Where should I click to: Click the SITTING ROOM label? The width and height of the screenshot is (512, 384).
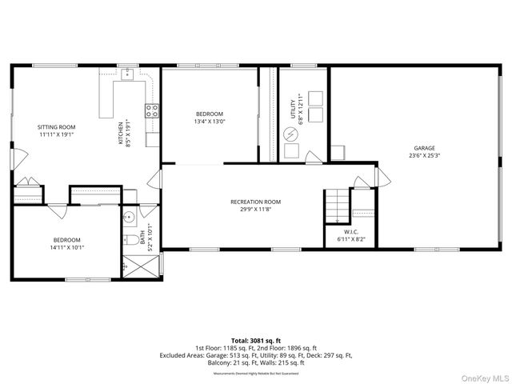coord(56,127)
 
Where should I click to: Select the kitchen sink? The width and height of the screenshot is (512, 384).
coord(127,74)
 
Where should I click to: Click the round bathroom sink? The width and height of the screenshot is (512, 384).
coord(128,217)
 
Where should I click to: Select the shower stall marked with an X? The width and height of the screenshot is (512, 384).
coord(129,265)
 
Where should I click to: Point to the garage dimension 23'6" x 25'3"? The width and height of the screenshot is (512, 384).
coord(424,156)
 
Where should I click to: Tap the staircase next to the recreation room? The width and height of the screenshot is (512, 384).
coord(337,207)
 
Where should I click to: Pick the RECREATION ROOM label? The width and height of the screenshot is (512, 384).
coord(256,202)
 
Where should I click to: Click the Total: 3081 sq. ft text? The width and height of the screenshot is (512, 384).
coord(255,340)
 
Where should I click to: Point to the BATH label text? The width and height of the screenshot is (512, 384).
coord(142,238)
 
